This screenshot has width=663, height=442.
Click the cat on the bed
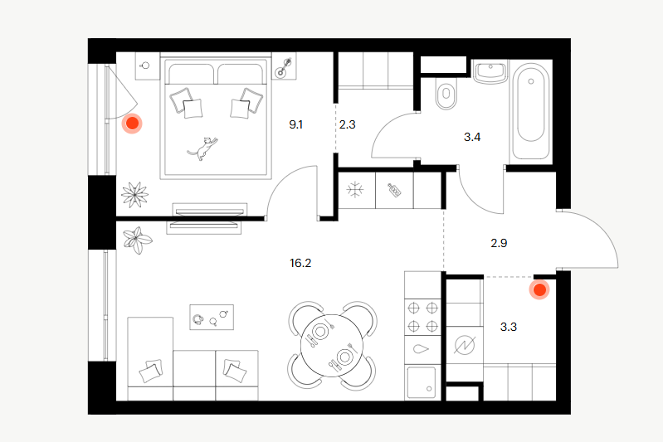pos(203,148)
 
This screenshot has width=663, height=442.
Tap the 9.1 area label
pos(295,124)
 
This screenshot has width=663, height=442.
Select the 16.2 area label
pos(300,263)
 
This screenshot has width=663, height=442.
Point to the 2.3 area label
pos(347,124)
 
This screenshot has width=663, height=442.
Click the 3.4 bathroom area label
pos(472,137)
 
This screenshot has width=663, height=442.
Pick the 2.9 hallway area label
pos(499,243)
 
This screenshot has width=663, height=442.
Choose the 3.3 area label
pos(508,327)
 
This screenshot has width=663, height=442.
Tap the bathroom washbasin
pos(490,72)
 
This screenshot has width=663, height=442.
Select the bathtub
pos(531,112)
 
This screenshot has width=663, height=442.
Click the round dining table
pos(332,345)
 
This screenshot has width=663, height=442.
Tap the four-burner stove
pos(422,317)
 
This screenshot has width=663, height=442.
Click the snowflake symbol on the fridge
pos(355,190)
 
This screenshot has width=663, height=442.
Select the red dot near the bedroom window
pos(132,124)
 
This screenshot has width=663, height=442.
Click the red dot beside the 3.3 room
pos(539,290)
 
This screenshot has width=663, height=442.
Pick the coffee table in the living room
pos(212,317)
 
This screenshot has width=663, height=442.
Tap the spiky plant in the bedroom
pos(135,195)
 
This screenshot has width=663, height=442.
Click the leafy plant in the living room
pos(137,240)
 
